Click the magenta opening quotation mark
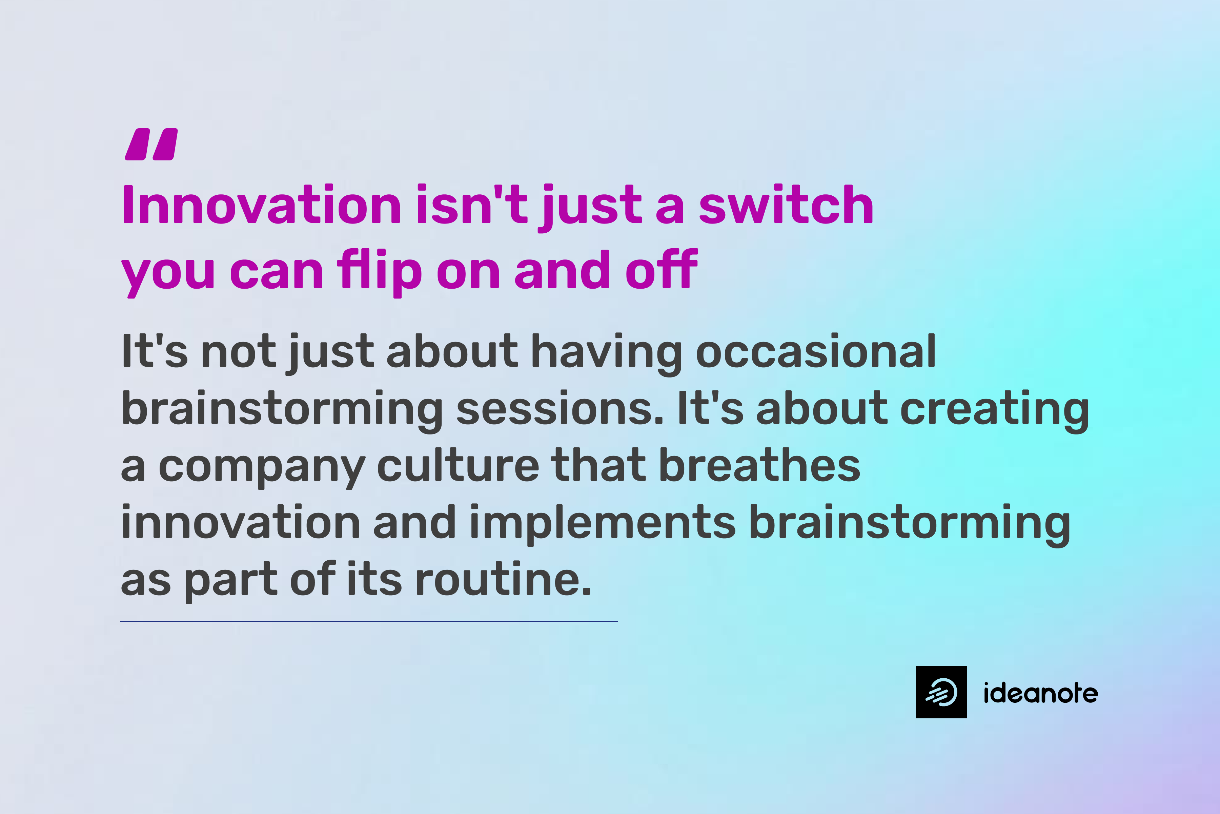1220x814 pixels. point(151,144)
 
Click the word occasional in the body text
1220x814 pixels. point(815,352)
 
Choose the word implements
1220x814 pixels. point(602,523)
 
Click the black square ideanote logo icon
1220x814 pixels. point(941,692)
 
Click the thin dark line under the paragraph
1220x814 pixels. point(368,621)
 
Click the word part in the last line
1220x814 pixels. point(231,580)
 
